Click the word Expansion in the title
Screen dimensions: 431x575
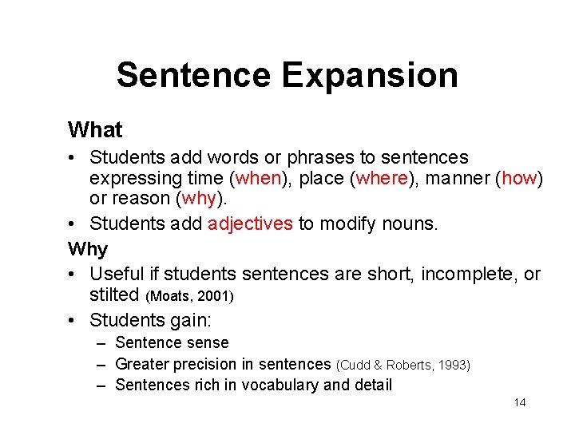370,76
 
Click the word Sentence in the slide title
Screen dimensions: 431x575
193,76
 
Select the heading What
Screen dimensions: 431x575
95,129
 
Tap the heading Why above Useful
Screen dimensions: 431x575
88,249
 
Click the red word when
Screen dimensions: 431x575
260,178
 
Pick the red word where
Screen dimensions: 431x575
382,178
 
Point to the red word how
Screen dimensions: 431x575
519,178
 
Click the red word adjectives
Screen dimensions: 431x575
250,224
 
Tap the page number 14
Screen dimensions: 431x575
520,402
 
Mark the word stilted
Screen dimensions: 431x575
114,295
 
